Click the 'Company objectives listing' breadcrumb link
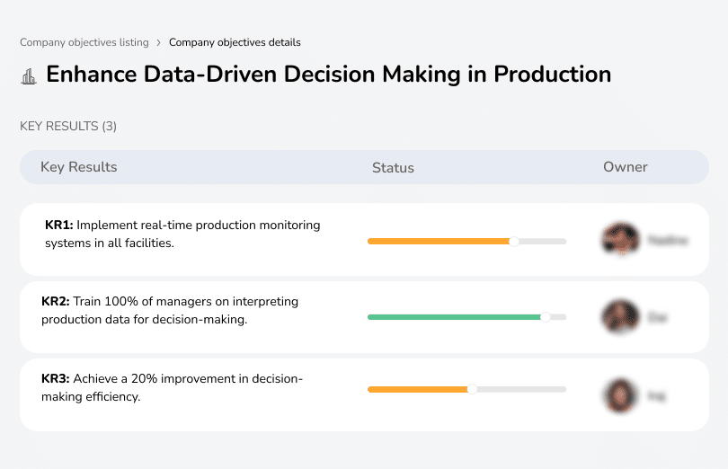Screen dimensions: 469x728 (x=84, y=42)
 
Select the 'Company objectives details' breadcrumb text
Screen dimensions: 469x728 (x=235, y=42)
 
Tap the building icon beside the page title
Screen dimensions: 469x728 (x=29, y=75)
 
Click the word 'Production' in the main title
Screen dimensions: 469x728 (x=553, y=74)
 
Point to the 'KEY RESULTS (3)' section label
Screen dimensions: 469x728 (x=68, y=127)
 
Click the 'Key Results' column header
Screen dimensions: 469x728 (x=78, y=167)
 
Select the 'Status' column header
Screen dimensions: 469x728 (x=393, y=168)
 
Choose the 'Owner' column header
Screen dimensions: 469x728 (x=626, y=167)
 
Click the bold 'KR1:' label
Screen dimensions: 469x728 (x=58, y=226)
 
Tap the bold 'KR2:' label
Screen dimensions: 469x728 (x=56, y=302)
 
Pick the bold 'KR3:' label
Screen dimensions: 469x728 (x=56, y=379)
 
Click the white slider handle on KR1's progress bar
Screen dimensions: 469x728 (x=514, y=241)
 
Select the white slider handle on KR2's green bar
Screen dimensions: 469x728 (x=545, y=317)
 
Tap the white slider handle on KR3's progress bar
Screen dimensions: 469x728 (x=472, y=389)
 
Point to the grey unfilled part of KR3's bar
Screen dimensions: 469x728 (x=521, y=389)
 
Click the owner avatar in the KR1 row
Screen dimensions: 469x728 (x=620, y=240)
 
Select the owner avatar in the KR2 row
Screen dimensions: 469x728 (x=620, y=317)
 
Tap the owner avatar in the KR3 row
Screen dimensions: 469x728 (x=620, y=394)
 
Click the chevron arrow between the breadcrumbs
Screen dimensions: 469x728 (x=159, y=42)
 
